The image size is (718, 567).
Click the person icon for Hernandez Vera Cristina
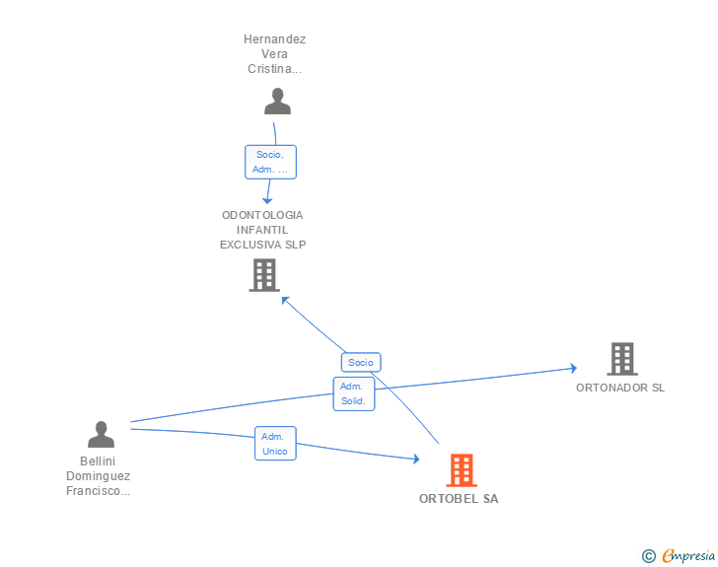(278, 102)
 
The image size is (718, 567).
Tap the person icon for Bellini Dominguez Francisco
(101, 435)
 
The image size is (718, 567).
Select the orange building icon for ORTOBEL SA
(461, 470)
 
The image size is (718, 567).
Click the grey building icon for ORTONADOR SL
(621, 359)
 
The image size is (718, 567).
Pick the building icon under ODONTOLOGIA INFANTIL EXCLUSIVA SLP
(263, 275)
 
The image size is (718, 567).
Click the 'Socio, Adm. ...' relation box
(270, 162)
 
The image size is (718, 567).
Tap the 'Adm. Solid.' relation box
(354, 394)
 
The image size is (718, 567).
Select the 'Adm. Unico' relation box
(275, 444)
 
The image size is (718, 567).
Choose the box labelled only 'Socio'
(361, 362)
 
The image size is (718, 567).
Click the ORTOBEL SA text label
(459, 499)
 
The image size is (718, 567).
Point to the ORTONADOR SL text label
(620, 388)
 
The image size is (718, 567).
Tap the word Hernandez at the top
(275, 39)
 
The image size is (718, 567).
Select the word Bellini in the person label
(98, 461)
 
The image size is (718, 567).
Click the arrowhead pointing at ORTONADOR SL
(572, 369)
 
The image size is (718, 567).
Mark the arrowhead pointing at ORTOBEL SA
(415, 459)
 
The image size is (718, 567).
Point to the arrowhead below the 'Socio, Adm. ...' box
(266, 200)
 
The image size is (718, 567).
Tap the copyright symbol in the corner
(648, 556)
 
